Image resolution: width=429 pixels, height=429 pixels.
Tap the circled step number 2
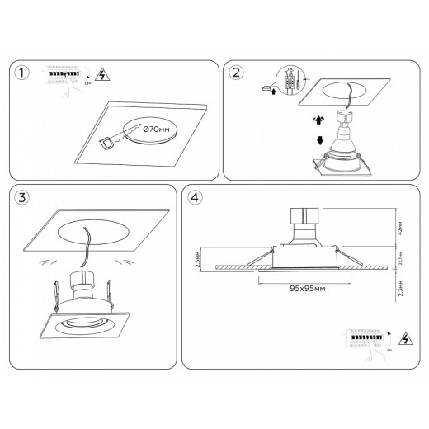click(x=237, y=73)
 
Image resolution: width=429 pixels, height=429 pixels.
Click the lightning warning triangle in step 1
click(x=100, y=76)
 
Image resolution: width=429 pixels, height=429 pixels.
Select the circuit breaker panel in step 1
click(x=64, y=75)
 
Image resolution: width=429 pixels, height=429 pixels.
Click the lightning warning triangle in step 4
click(x=404, y=339)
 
